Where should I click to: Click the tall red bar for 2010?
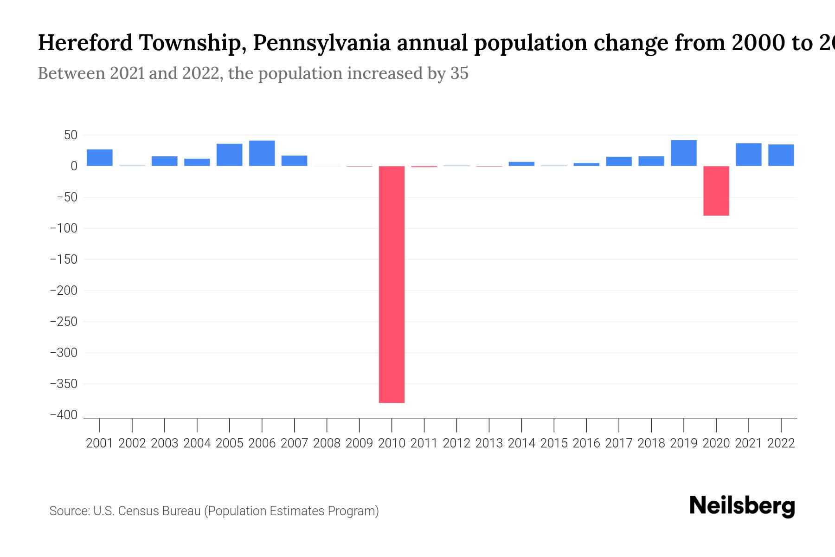(392, 284)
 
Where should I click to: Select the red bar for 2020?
(716, 191)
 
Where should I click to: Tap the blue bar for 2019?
(683, 153)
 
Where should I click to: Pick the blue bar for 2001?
(100, 157)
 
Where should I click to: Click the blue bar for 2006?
(262, 153)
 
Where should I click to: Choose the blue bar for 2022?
(781, 155)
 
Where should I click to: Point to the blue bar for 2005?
(229, 155)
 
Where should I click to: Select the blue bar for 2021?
(748, 155)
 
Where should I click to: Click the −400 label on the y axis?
(64, 415)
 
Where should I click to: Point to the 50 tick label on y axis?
(71, 135)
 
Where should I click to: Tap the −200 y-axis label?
(64, 291)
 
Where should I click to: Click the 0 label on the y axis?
(74, 166)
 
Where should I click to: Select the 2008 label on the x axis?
(327, 443)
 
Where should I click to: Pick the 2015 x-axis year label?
(554, 443)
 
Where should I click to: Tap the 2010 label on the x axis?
(392, 443)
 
